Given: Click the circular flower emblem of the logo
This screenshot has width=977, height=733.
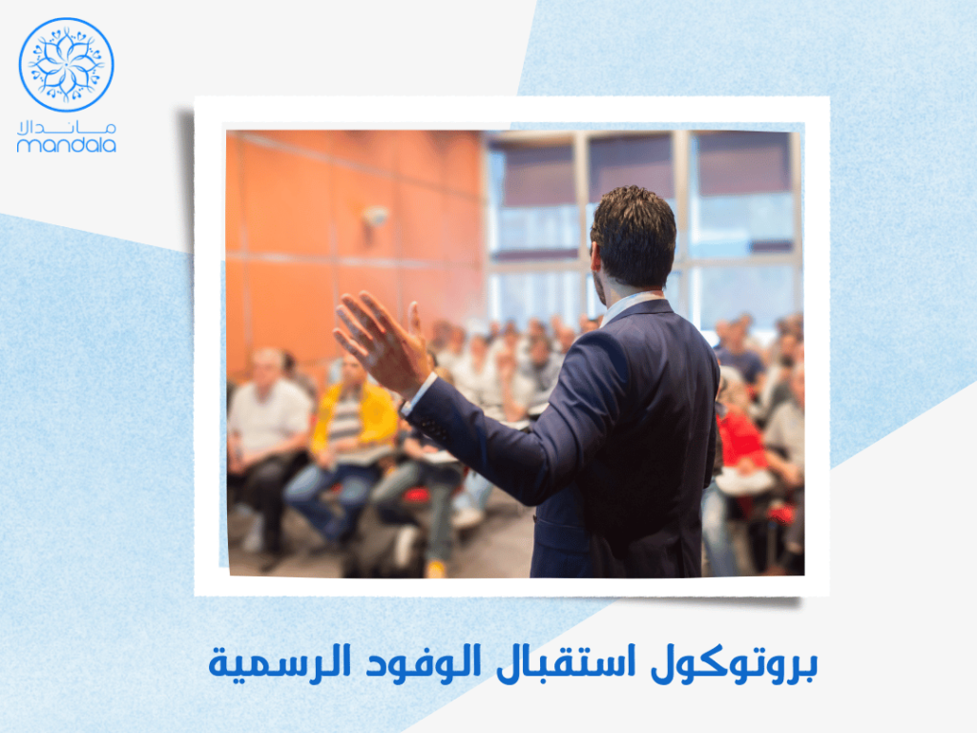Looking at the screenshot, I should coord(67,64).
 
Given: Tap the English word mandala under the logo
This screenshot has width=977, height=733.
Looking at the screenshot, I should coord(67,146).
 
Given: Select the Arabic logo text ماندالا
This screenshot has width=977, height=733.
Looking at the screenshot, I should coord(67,127).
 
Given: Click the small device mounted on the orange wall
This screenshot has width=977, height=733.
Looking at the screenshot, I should coord(376,216).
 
